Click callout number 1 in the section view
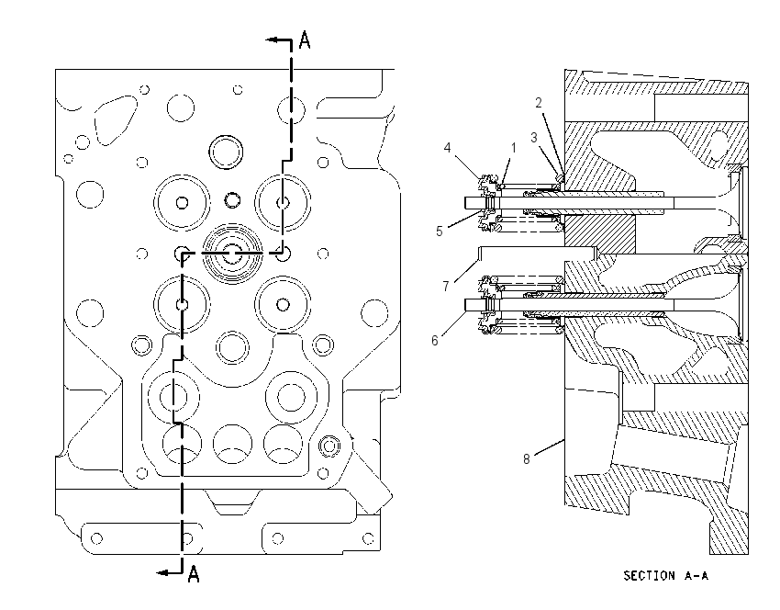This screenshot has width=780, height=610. click(x=513, y=148)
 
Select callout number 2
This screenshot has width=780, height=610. click(x=539, y=103)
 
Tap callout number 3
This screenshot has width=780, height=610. click(x=534, y=138)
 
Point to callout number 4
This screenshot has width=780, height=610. click(x=447, y=147)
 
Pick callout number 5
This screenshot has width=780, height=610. click(x=440, y=232)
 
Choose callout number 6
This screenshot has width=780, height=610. click(x=435, y=340)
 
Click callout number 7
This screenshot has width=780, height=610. click(x=446, y=287)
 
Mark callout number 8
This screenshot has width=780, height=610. click(x=527, y=458)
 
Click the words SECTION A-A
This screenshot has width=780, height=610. click(x=665, y=576)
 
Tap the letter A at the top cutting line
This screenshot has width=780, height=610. click(x=305, y=40)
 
